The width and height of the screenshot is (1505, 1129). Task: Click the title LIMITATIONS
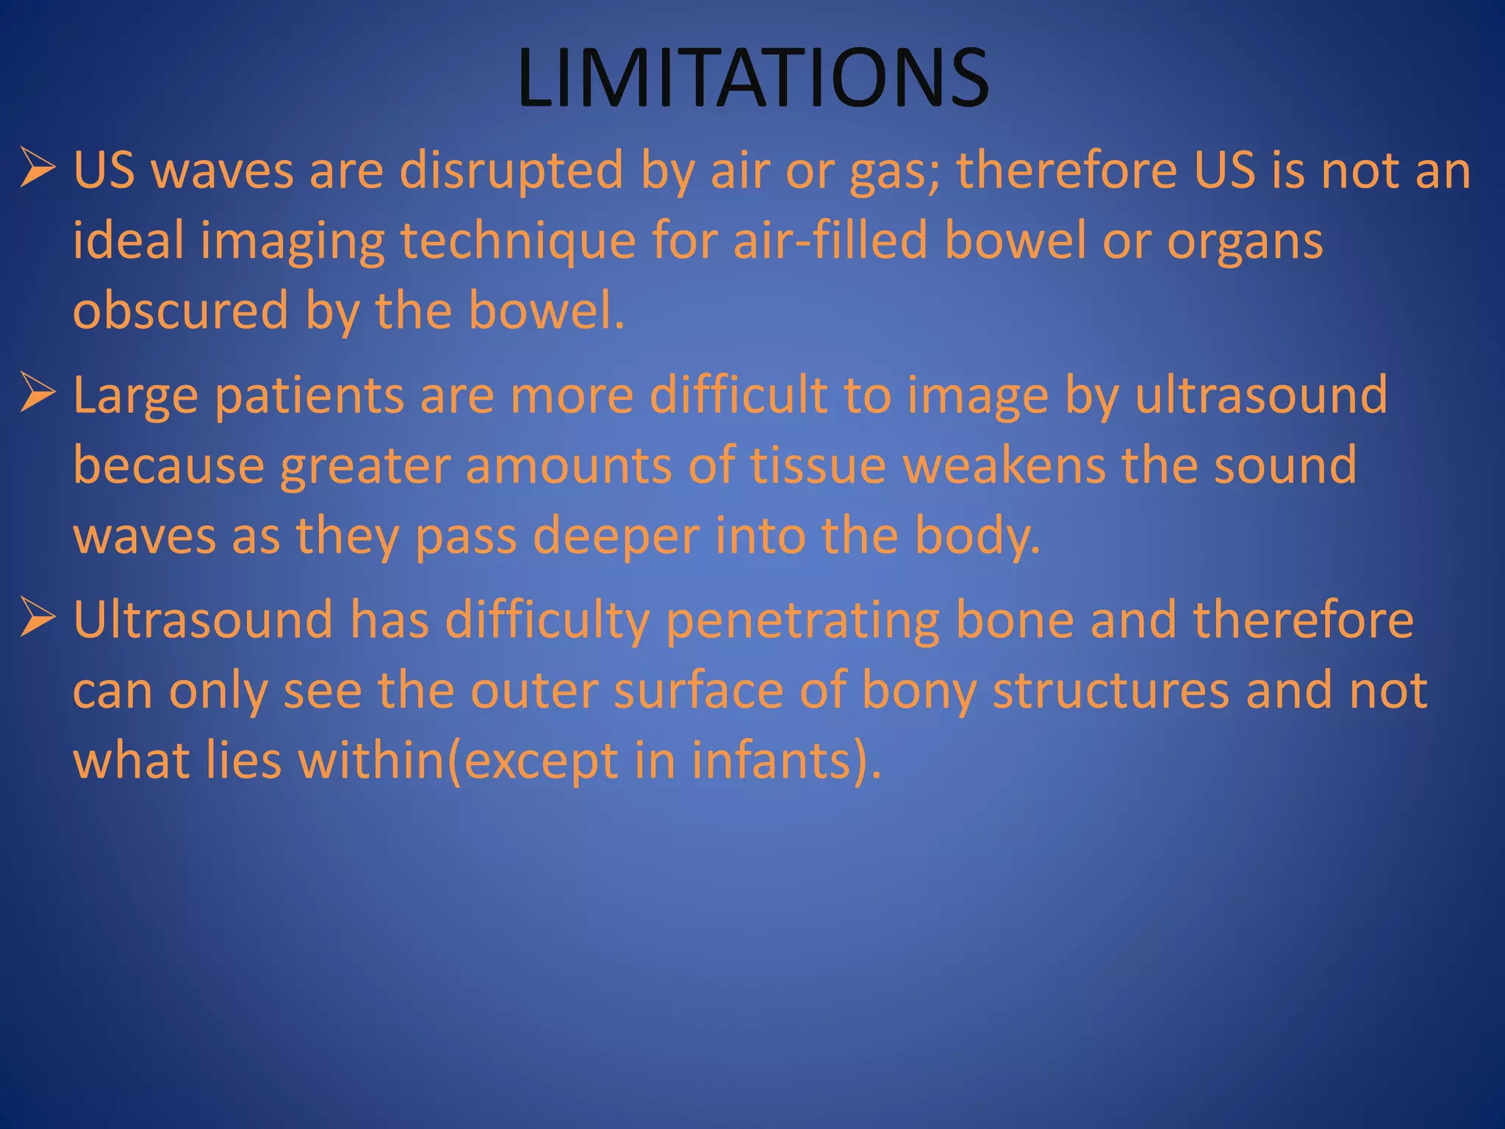(x=752, y=78)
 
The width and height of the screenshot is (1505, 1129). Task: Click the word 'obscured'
(x=180, y=310)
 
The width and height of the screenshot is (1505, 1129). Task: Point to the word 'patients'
(x=309, y=395)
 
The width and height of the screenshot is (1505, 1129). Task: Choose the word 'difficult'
(x=739, y=394)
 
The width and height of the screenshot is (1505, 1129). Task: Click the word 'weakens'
(x=1004, y=465)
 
